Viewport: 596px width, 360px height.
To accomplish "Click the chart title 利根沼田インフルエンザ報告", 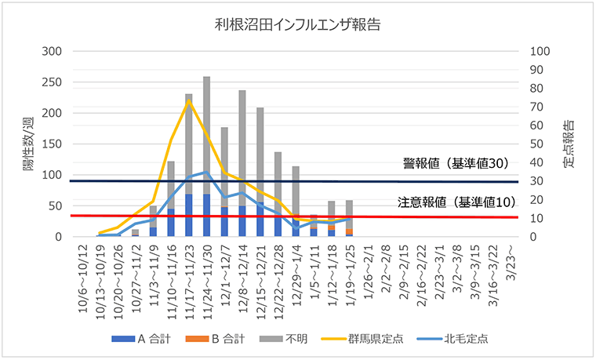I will coord(297,24).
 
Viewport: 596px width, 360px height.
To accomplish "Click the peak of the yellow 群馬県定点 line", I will coord(189,100).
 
